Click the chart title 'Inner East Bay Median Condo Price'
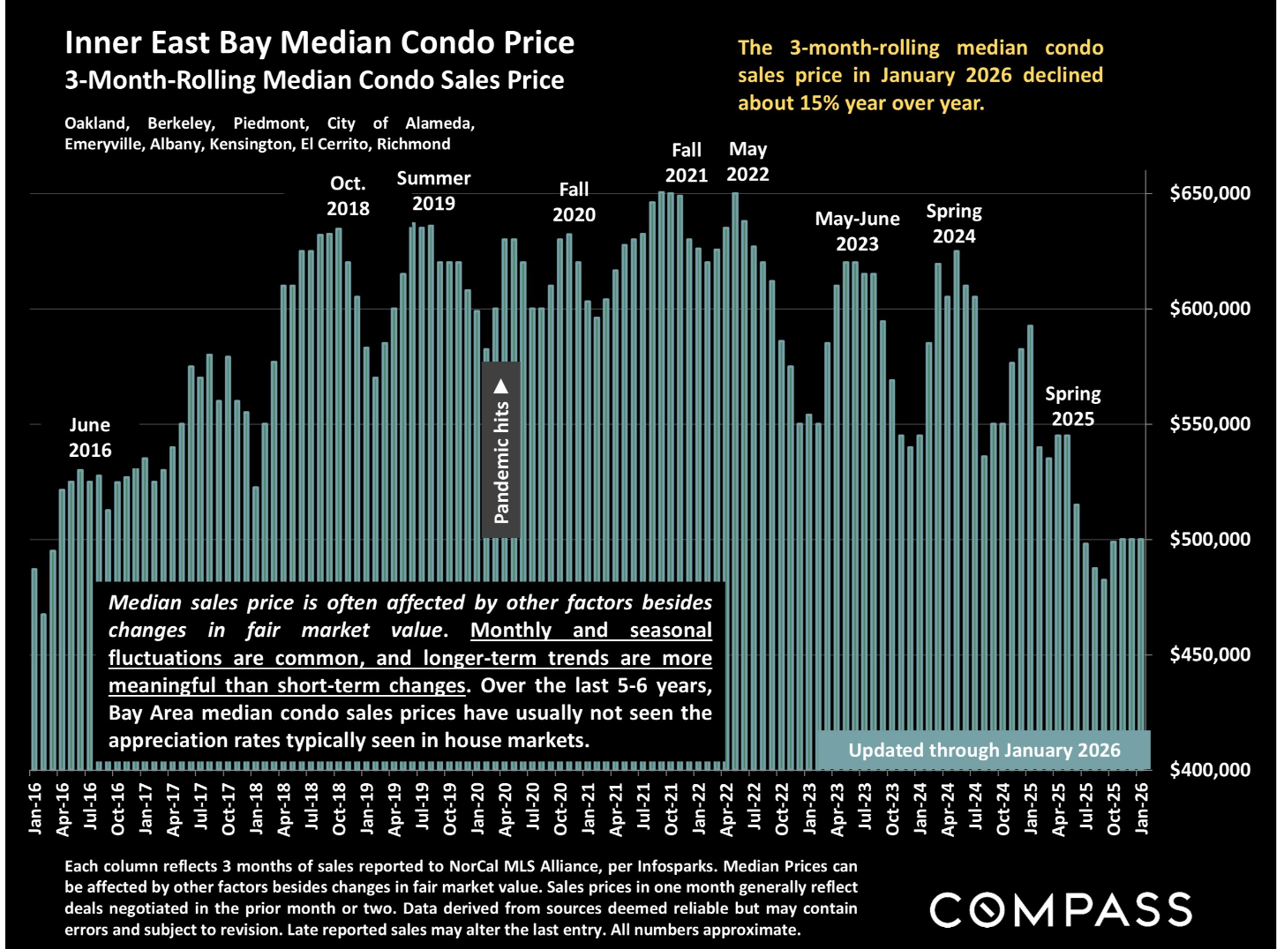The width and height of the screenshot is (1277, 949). coord(319,42)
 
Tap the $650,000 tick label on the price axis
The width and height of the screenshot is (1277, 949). coord(1209,193)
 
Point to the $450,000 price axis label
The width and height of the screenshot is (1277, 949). coord(1209,654)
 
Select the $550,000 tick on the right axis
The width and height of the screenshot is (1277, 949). coord(1209,424)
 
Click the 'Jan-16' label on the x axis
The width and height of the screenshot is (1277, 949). coord(35,804)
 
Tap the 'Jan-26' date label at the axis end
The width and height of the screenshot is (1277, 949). coord(1142,804)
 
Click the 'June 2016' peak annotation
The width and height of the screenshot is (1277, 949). coord(90,437)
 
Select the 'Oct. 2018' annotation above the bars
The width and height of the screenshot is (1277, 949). coord(348,196)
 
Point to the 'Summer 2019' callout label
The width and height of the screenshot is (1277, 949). coord(433,191)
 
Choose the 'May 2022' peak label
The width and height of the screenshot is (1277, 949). coord(747,161)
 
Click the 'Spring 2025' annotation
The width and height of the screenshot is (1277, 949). coord(1072,406)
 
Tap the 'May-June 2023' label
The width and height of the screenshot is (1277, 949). coord(857,231)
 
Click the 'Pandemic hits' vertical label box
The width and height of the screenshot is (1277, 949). coord(501,450)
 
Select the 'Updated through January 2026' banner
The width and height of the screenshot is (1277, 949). coord(984,751)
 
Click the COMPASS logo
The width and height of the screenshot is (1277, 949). coord(1061,909)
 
